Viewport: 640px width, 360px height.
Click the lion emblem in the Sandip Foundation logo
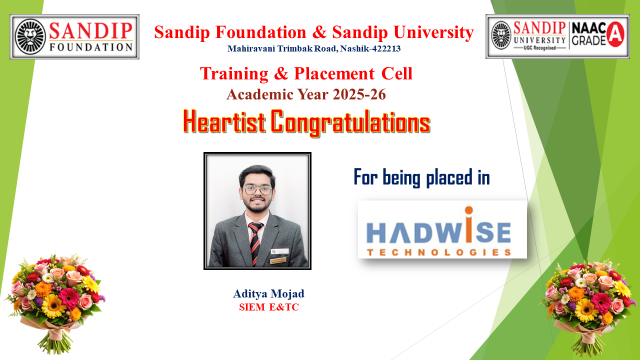[x=30, y=37]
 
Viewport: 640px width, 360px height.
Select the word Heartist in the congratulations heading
[x=224, y=121]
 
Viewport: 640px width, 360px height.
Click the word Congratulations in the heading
[x=350, y=123]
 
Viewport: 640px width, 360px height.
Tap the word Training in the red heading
[x=234, y=73]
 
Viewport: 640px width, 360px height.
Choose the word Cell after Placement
[x=397, y=73]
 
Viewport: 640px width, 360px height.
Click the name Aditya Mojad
[x=269, y=293]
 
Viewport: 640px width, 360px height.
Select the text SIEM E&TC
[x=269, y=307]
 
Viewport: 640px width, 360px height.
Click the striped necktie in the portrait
[x=255, y=243]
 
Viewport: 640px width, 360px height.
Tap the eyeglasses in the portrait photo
[x=257, y=190]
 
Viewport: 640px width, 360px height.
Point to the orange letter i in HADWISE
[x=468, y=224]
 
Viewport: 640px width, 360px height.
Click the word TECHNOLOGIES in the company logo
[x=439, y=252]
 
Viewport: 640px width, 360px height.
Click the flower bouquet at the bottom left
[x=55, y=303]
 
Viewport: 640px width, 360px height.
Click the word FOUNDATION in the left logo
[x=91, y=47]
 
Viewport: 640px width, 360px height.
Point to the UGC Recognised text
[x=539, y=47]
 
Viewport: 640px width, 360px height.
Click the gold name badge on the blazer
[x=278, y=260]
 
